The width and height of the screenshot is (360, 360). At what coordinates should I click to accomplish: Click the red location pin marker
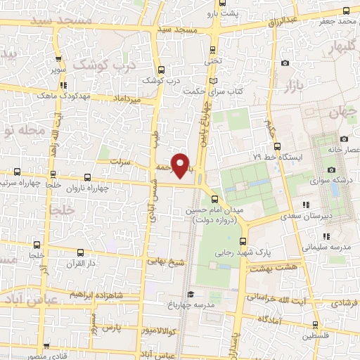coord(182,165)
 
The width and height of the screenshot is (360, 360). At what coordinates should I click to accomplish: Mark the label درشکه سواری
coord(335,180)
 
